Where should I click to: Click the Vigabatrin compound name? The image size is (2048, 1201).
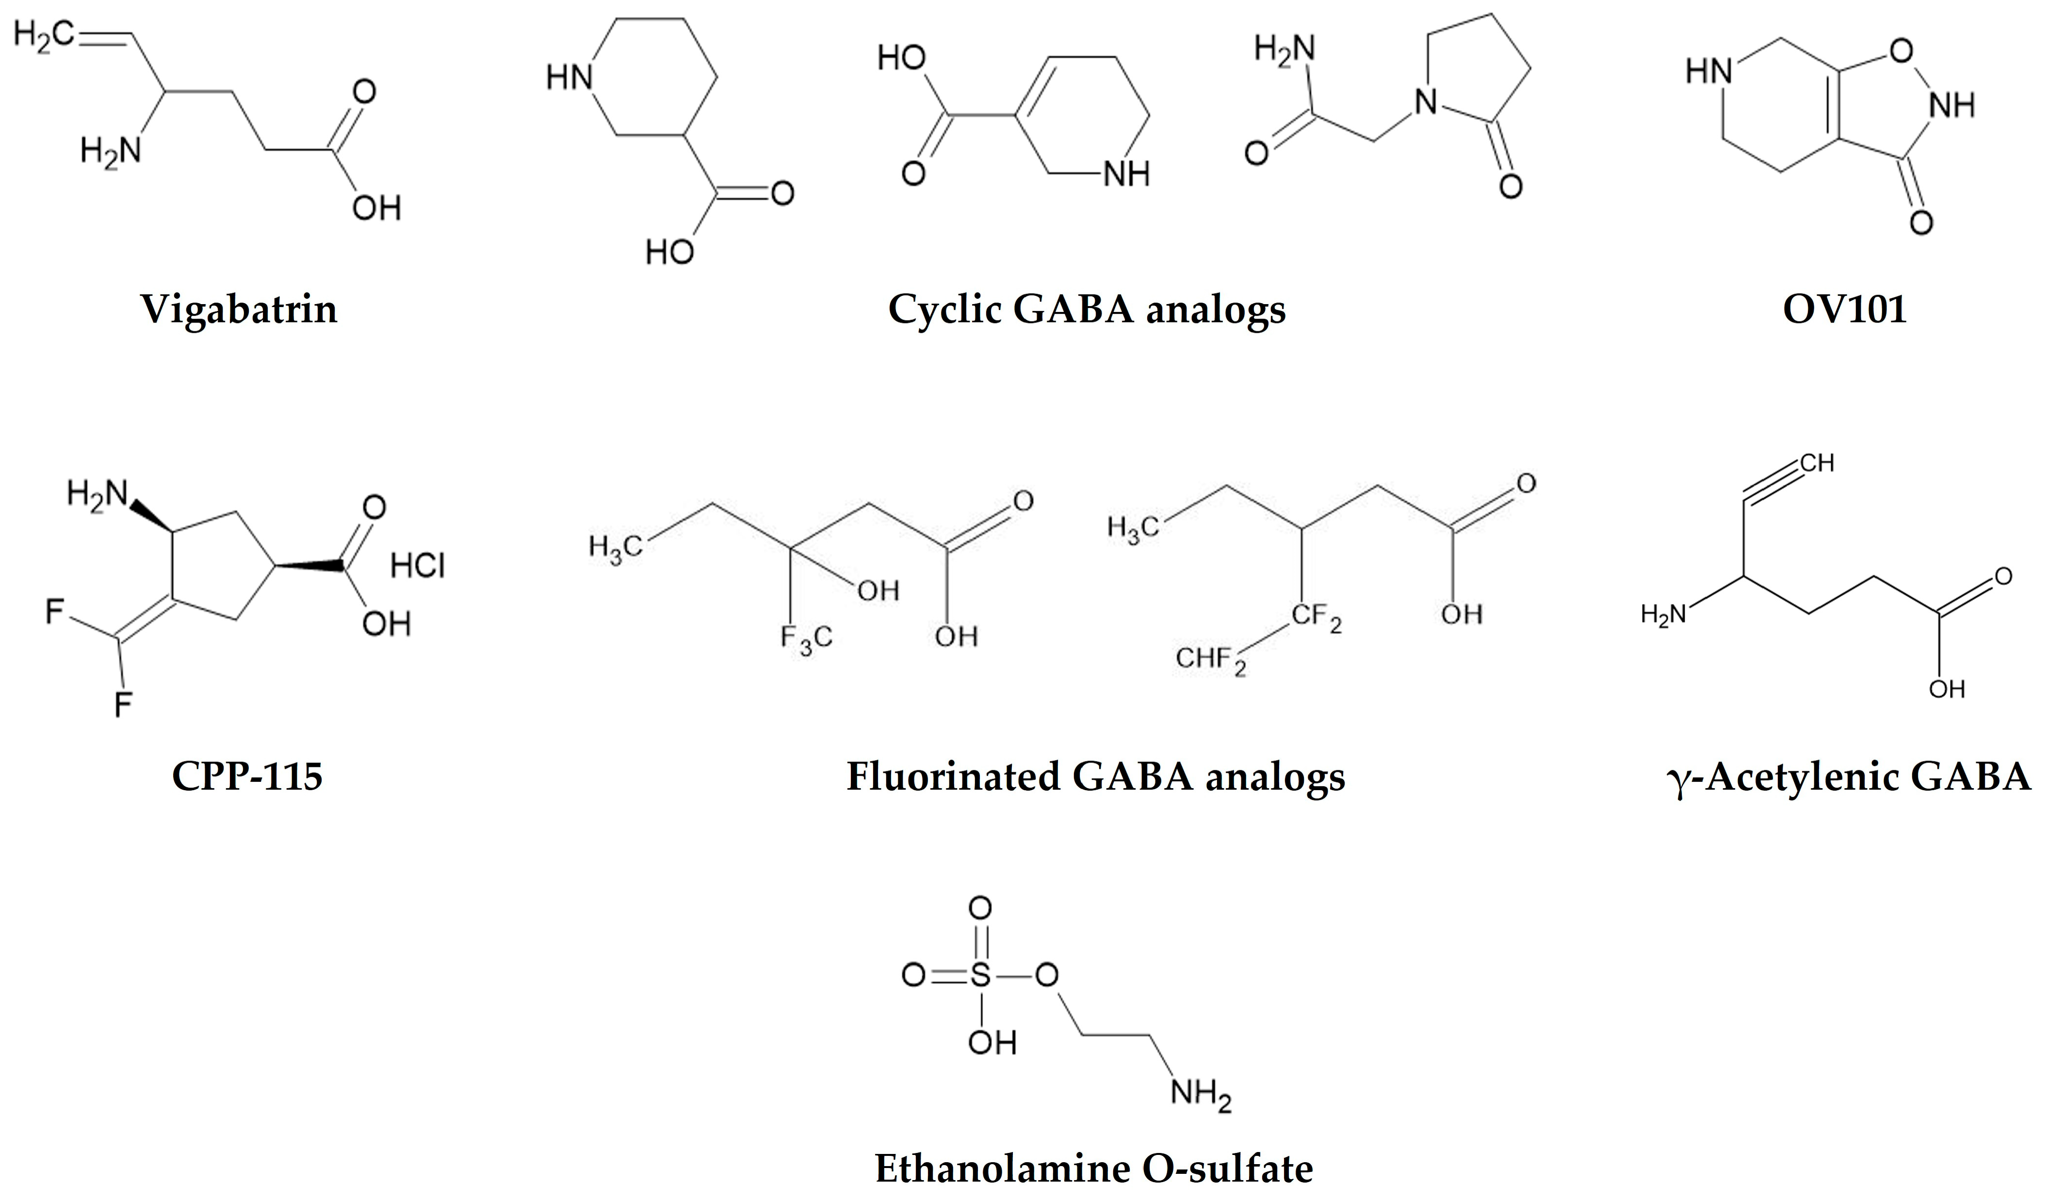[x=239, y=309]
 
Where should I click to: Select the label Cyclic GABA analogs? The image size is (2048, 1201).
[x=1087, y=309]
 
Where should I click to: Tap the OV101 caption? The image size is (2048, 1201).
[x=1844, y=309]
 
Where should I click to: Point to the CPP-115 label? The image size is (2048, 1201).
[x=247, y=776]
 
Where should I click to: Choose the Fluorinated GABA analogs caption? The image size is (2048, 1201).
[x=1095, y=776]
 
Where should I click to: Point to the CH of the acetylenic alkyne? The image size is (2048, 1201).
[x=1817, y=463]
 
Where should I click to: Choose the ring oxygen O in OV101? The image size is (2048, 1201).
[x=1901, y=52]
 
